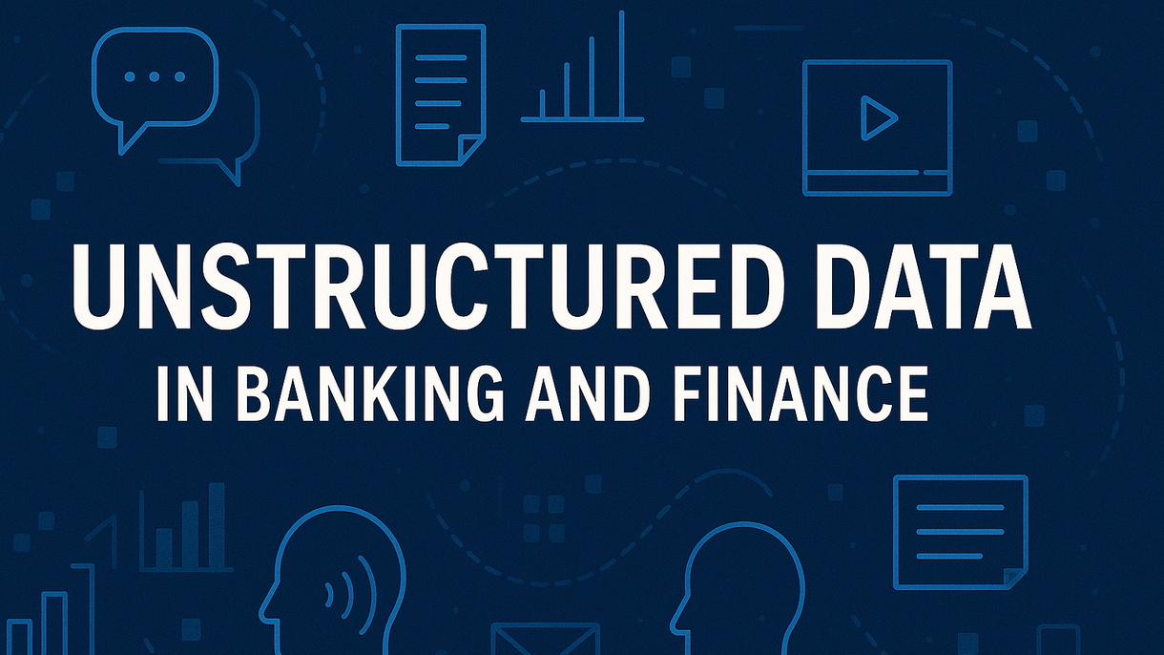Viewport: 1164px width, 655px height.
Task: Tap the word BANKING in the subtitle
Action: pyautogui.click(x=370, y=393)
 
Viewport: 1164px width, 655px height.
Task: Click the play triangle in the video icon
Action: pyautogui.click(x=878, y=118)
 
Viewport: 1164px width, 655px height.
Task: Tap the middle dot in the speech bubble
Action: pyautogui.click(x=155, y=77)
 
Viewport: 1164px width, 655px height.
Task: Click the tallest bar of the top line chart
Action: pyautogui.click(x=621, y=64)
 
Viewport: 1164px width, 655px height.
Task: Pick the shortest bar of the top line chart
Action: pyautogui.click(x=543, y=104)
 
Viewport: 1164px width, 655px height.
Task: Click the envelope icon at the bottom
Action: pyautogui.click(x=545, y=639)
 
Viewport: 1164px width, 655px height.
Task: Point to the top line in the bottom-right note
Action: pyautogui.click(x=960, y=507)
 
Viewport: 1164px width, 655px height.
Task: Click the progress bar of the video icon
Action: pyautogui.click(x=878, y=173)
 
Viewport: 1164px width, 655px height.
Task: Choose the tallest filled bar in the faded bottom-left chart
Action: pyautogui.click(x=217, y=525)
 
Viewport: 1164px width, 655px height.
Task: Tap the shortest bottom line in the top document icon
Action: pyautogui.click(x=432, y=126)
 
